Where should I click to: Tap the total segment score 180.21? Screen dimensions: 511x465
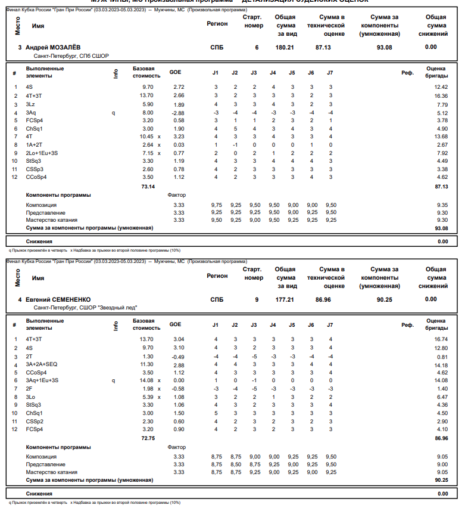pyautogui.click(x=285, y=47)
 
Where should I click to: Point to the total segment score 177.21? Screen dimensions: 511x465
pyautogui.click(x=285, y=299)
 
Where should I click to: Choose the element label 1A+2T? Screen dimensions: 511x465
pyautogui.click(x=35, y=145)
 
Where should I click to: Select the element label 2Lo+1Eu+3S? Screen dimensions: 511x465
pyautogui.click(x=42, y=153)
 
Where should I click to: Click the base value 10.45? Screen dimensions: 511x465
pyautogui.click(x=145, y=137)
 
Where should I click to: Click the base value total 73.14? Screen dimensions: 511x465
pyautogui.click(x=147, y=187)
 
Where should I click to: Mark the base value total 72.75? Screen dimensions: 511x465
pyautogui.click(x=147, y=439)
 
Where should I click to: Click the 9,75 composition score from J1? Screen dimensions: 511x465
pyautogui.click(x=216, y=205)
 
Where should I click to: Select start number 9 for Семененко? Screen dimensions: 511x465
pyautogui.click(x=257, y=299)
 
